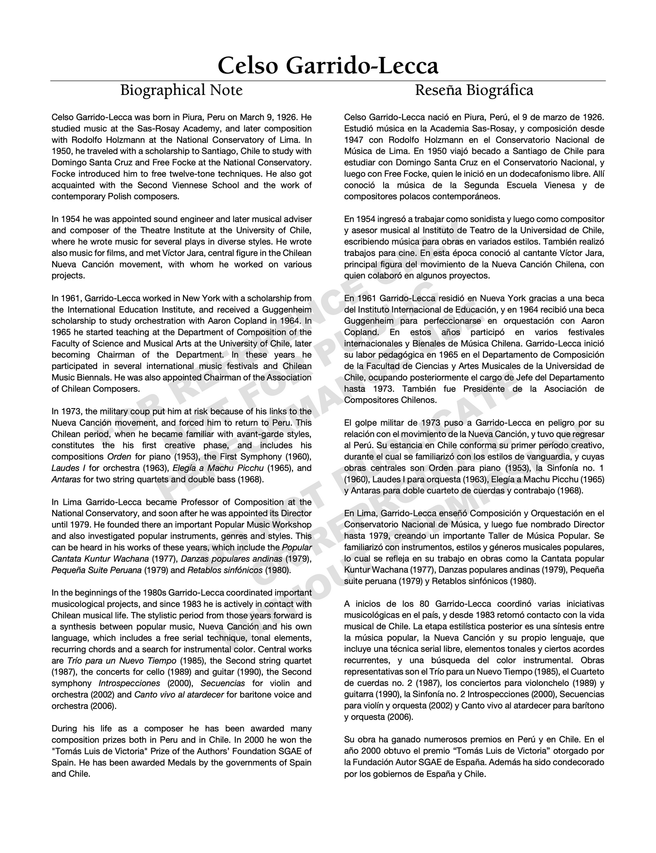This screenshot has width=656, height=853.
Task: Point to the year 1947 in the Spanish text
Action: [353, 140]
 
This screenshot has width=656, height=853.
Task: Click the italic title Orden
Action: [120, 457]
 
